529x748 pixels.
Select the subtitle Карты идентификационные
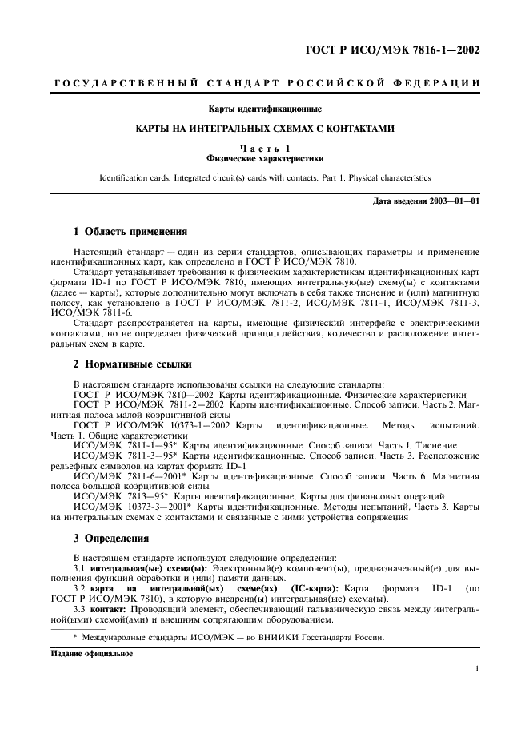(x=264, y=109)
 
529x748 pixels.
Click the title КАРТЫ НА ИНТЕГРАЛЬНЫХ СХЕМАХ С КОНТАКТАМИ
(x=264, y=129)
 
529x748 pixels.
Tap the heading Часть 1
(x=264, y=149)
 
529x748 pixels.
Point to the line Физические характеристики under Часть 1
(x=264, y=158)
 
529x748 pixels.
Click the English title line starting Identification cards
(x=264, y=178)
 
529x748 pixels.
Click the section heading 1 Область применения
(x=130, y=233)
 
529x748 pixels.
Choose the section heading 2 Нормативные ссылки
(x=132, y=364)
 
